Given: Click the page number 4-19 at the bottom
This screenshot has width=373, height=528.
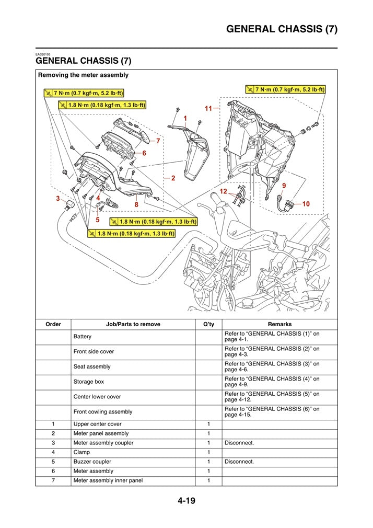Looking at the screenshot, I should (186, 501).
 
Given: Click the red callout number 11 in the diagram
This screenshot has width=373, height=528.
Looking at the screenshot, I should (208, 109).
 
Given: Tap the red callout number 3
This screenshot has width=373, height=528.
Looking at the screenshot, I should (57, 198).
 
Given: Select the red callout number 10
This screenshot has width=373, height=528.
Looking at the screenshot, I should (306, 203).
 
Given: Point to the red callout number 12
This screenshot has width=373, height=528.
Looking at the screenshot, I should (223, 192).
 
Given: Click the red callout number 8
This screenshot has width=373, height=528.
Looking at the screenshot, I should (136, 204).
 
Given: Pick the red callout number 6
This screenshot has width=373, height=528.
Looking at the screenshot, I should (144, 153).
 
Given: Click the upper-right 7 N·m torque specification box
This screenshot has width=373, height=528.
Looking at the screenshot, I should (285, 90).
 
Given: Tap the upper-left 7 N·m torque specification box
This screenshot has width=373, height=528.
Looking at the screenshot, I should (83, 94).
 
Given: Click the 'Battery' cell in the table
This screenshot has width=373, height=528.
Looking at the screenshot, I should (83, 337).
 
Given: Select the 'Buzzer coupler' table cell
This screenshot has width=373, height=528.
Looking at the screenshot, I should (92, 462).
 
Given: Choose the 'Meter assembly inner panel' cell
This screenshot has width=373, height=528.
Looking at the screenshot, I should (108, 480).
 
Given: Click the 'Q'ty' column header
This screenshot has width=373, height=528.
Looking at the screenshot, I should (208, 324).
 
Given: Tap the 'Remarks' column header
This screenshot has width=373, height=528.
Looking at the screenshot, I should (279, 324).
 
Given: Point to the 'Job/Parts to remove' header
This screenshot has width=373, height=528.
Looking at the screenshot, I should (133, 324).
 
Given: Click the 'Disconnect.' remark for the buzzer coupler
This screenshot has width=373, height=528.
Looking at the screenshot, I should (239, 462).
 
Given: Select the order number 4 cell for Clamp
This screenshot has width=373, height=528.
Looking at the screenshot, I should (53, 452).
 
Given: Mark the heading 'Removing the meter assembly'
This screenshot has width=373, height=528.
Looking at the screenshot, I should (83, 75).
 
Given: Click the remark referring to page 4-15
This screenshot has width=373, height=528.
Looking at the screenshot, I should (272, 412).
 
